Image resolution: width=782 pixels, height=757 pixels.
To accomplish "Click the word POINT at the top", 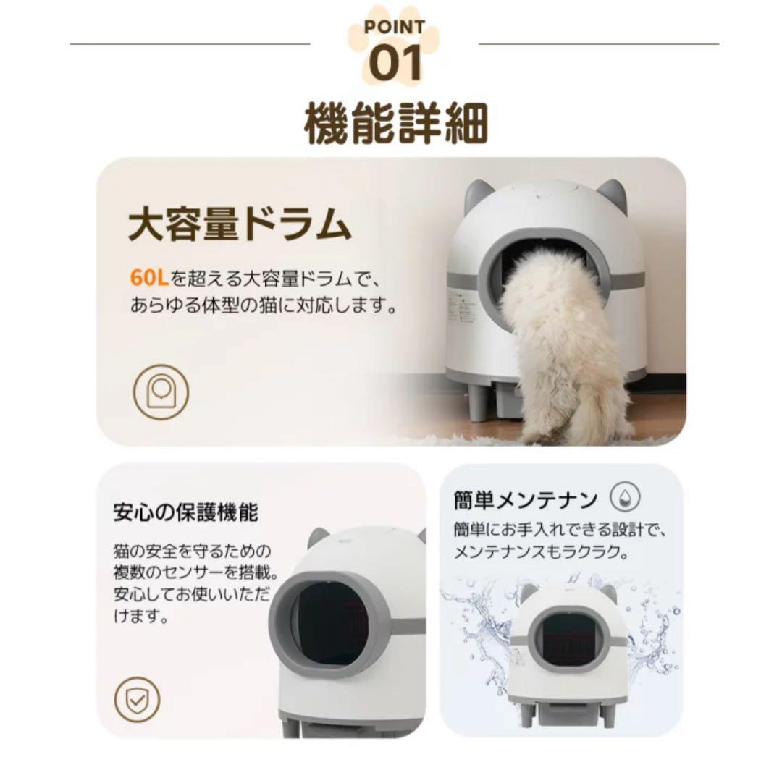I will click(395, 28).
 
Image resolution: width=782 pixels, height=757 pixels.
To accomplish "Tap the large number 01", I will click(395, 63).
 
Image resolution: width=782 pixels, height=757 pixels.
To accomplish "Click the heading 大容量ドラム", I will click(240, 225).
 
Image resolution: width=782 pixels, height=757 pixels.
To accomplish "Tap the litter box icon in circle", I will click(160, 392).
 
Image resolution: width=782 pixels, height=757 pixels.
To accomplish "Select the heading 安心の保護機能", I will click(185, 513).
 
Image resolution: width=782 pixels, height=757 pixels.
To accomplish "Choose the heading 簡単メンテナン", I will click(526, 499).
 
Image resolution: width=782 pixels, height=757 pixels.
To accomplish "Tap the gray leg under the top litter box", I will click(478, 402).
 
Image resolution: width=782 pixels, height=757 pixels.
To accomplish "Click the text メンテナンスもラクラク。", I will click(539, 552).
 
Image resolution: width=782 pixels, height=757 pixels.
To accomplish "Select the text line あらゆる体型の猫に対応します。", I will click(265, 307).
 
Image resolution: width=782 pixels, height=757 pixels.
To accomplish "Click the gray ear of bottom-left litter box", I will click(319, 538).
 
